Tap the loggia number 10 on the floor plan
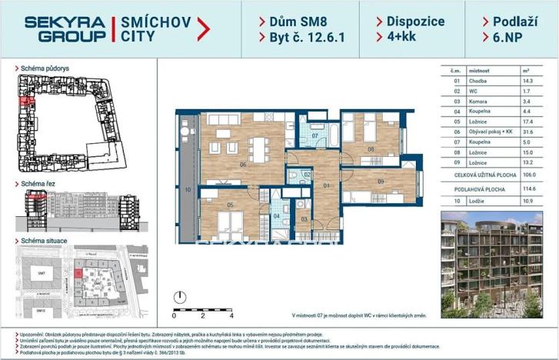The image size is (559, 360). point(187,188)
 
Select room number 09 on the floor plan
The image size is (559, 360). point(381,182)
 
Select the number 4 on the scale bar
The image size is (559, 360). point(231,315)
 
